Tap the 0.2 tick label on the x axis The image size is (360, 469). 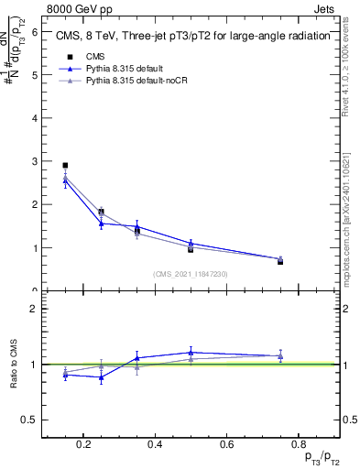pos(84,445)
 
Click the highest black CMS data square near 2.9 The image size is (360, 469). pos(65,166)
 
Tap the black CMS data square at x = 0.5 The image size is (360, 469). pos(191,248)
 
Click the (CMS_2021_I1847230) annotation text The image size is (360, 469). pos(191,274)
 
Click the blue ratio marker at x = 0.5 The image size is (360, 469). pos(191,353)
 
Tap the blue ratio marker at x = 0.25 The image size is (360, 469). pos(101,377)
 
